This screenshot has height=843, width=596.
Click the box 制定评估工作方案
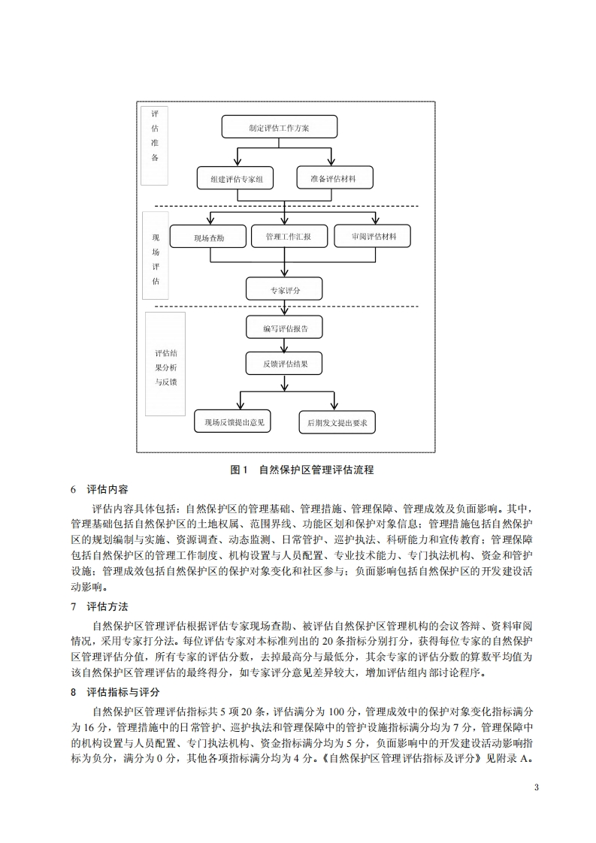[x=279, y=127]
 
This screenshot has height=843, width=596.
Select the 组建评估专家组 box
[x=235, y=178]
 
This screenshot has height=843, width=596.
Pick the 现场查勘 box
[x=208, y=237]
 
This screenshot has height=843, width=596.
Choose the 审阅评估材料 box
[x=374, y=237]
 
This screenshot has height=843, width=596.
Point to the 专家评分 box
[x=284, y=289]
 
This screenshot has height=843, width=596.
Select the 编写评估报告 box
[x=284, y=328]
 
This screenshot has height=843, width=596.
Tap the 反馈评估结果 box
[x=284, y=364]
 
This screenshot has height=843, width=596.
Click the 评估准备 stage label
[x=154, y=136]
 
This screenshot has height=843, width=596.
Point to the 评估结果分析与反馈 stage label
[x=165, y=367]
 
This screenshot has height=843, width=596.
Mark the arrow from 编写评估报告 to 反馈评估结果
[x=284, y=346]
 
